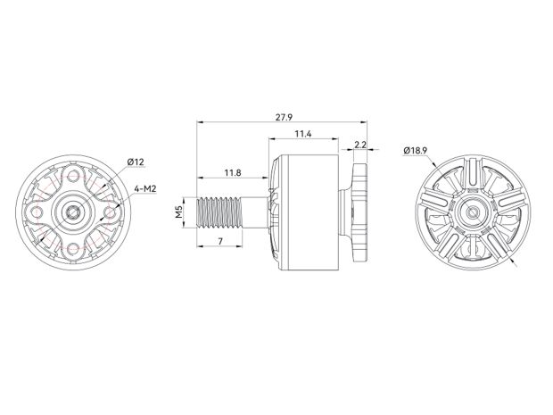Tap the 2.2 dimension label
tap(361, 144)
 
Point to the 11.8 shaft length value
tap(232, 171)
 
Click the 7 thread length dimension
tap(219, 244)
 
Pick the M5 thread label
tap(178, 213)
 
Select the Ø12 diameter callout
tap(136, 161)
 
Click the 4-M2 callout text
tap(146, 189)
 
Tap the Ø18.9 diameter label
tap(417, 151)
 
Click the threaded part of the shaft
tap(221, 213)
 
